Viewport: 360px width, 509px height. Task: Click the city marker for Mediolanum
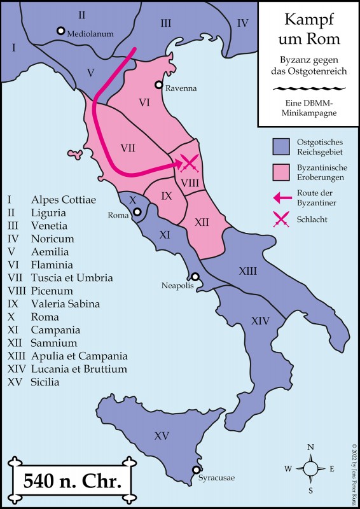(x=60, y=31)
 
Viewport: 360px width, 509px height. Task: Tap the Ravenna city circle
(x=159, y=85)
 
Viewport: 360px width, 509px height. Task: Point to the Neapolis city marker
(x=195, y=277)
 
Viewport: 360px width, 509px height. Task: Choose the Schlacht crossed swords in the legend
(x=281, y=220)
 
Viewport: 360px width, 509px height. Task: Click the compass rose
(x=310, y=469)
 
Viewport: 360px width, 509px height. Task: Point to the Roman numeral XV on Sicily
(x=162, y=436)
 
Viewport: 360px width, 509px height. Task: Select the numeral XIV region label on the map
(x=260, y=321)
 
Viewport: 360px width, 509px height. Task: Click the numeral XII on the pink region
(x=202, y=222)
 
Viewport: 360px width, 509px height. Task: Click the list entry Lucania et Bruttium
(x=79, y=369)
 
